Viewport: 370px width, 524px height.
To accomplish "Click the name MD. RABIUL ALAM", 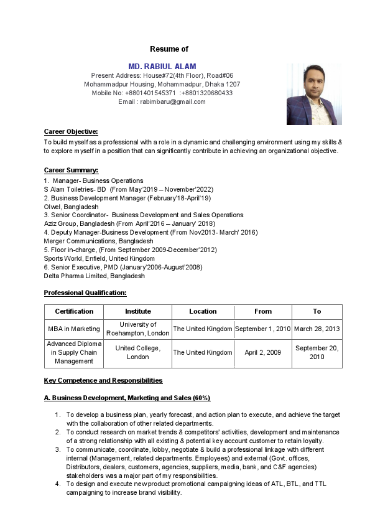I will (162, 67).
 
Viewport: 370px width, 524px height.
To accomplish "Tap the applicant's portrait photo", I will (314, 94).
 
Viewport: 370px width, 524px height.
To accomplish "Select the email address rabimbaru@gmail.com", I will (173, 101).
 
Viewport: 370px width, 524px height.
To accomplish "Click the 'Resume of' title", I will (169, 49).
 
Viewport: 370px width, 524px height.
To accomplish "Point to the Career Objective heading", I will (71, 131).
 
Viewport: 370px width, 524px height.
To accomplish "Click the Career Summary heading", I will (71, 170).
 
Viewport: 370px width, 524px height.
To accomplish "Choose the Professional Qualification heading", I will (85, 292).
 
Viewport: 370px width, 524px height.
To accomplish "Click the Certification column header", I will (74, 311).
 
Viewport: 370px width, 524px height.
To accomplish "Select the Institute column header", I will (137, 311).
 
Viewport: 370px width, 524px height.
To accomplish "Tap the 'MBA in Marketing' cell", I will (74, 329).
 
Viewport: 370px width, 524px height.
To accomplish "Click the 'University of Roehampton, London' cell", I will (137, 329).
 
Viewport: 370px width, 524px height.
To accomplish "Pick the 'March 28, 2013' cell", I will (317, 329).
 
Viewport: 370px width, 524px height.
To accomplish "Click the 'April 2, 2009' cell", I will (262, 352).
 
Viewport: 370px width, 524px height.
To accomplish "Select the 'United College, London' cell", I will (137, 352).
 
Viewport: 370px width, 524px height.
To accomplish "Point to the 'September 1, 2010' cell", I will (262, 329).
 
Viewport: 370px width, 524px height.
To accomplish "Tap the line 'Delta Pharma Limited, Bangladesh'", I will (94, 276).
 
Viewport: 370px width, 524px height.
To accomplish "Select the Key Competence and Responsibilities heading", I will (103, 380).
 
